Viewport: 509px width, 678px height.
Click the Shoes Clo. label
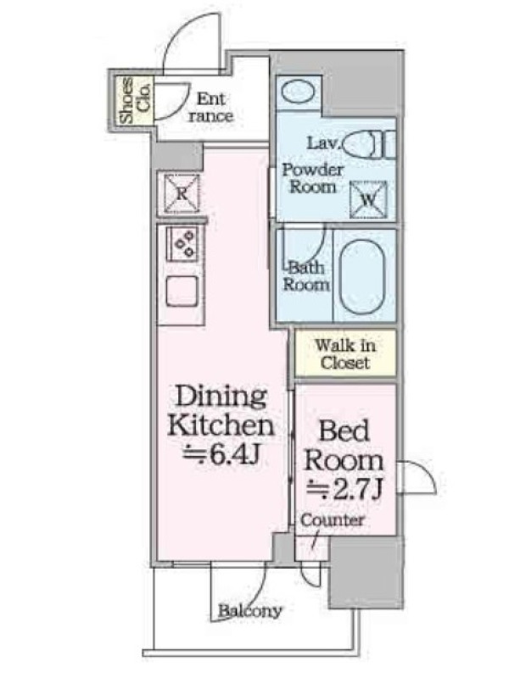(136, 100)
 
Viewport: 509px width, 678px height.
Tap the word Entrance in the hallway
(211, 108)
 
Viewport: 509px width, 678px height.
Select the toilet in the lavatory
(371, 144)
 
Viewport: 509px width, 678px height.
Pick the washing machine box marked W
(368, 200)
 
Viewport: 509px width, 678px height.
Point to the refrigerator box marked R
(182, 194)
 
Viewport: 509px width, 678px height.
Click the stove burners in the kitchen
(182, 244)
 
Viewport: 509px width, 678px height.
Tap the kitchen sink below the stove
(182, 291)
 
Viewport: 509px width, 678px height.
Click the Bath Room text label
(306, 276)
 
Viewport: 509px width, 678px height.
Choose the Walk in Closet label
(345, 354)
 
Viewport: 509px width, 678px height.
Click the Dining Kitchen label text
(221, 411)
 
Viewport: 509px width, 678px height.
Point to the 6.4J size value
(221, 453)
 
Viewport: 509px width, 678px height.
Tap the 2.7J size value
(344, 489)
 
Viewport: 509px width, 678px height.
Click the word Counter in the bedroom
(333, 520)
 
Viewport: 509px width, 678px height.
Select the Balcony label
(250, 611)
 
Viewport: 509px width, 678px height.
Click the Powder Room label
(313, 179)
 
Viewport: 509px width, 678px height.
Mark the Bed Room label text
(344, 446)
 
